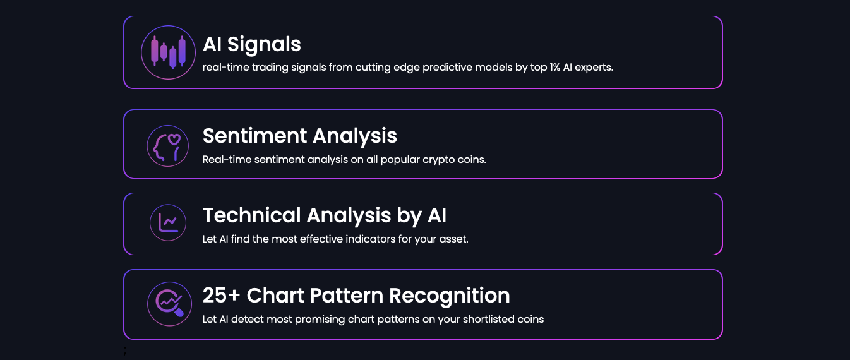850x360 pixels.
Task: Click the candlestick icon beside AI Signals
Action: (x=168, y=52)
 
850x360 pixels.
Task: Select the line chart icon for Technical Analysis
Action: (x=168, y=223)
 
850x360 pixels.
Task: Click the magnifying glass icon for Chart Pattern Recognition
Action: (x=169, y=304)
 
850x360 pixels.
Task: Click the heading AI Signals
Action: (x=251, y=44)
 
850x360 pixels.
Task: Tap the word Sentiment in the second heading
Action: (x=255, y=136)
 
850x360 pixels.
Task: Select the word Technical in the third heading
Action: (x=252, y=215)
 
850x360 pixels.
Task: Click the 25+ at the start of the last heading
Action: (x=222, y=295)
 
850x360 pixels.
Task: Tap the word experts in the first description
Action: (x=594, y=68)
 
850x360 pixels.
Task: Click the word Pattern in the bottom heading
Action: (x=347, y=296)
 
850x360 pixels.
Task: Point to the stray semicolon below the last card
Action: (x=125, y=351)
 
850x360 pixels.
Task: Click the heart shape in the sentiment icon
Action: (x=174, y=139)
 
